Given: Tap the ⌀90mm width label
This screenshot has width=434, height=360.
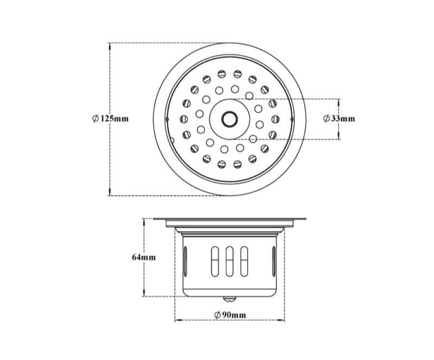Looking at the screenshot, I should (x=229, y=315).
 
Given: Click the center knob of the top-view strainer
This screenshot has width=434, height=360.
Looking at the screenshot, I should (x=228, y=118).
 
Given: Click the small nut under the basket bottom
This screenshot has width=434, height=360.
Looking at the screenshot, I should (x=229, y=298).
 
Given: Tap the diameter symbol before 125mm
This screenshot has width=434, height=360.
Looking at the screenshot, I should (x=95, y=118).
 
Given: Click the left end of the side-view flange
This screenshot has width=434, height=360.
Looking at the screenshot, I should (x=155, y=219).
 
